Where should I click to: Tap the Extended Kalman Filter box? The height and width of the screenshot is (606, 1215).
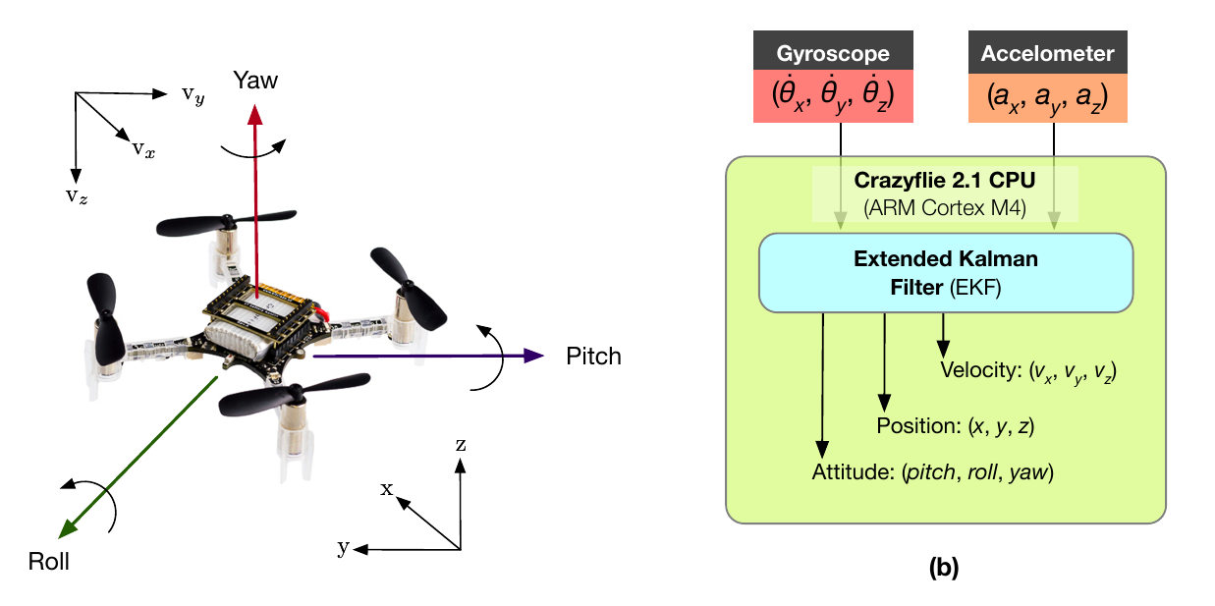946,272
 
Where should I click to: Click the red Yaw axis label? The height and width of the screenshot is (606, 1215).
255,81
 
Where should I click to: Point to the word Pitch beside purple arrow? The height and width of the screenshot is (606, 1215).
593,356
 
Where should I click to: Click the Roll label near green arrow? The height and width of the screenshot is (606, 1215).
49,563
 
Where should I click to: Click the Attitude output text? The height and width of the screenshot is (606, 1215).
932,471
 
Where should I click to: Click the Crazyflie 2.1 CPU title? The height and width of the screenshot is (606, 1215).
946,182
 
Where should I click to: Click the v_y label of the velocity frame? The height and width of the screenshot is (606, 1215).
193,96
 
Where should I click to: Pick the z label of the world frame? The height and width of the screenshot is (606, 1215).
460,444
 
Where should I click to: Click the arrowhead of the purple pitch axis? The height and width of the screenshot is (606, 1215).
535,356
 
